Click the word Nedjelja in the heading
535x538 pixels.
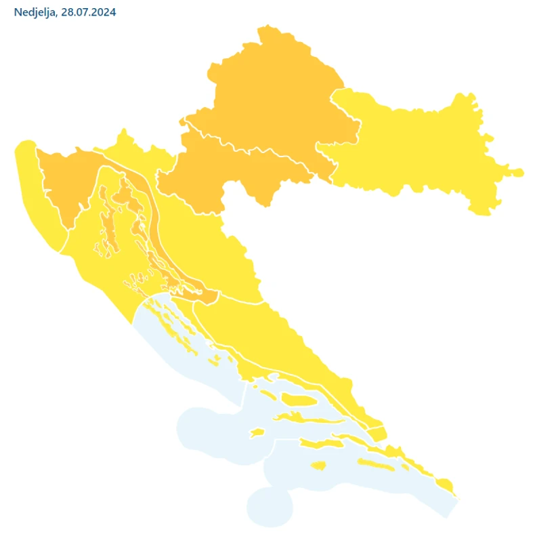pyautogui.click(x=35, y=13)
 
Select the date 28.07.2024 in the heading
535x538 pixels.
pyautogui.click(x=87, y=13)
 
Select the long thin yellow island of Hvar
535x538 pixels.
pyautogui.click(x=318, y=421)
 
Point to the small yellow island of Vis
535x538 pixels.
pyautogui.click(x=257, y=432)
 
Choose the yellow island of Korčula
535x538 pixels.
pyautogui.click(x=322, y=444)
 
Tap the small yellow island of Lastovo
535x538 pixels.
pyautogui.click(x=319, y=465)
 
